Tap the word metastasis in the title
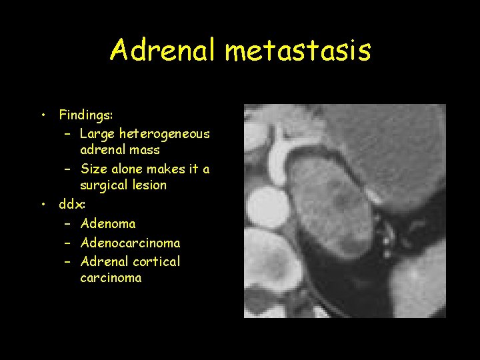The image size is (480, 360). point(298,50)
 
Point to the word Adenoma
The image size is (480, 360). point(107,224)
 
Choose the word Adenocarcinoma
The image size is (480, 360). point(130,243)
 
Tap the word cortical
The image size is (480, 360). point(156,261)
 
